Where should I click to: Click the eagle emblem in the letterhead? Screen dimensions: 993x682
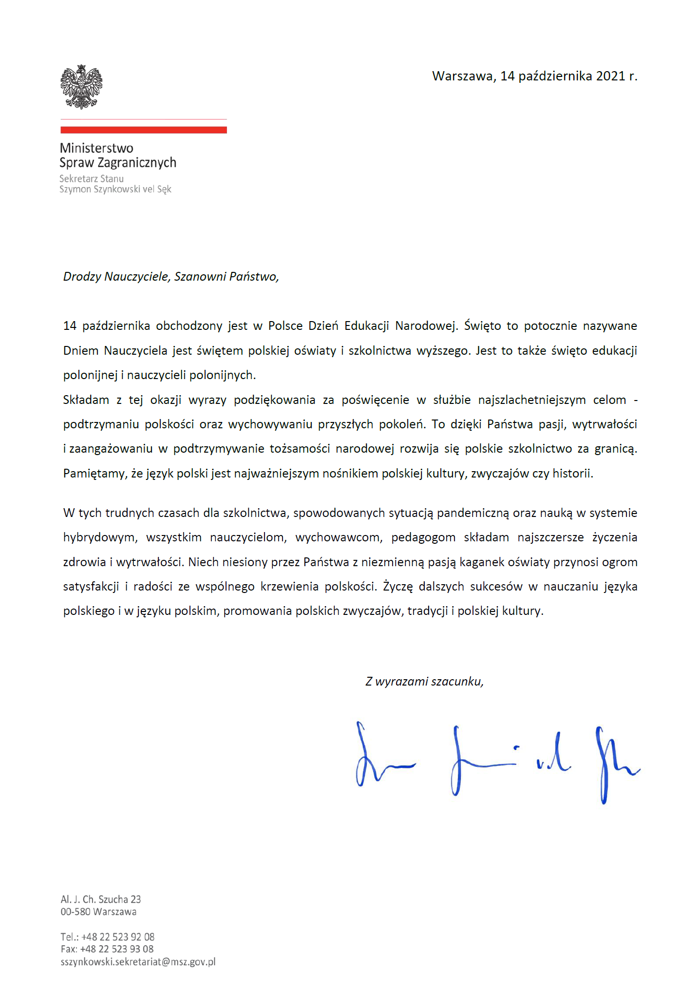[x=81, y=87]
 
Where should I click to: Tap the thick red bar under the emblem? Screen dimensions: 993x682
[x=144, y=130]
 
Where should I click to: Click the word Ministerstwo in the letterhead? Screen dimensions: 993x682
[x=96, y=148]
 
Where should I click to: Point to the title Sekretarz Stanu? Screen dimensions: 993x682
[x=92, y=179]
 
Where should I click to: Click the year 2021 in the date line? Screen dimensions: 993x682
[x=610, y=76]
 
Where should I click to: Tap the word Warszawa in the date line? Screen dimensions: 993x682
[x=464, y=76]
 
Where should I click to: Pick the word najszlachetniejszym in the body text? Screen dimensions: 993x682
[x=532, y=400]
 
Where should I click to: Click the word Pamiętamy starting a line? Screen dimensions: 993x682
[x=95, y=474]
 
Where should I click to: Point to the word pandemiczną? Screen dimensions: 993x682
[x=473, y=513]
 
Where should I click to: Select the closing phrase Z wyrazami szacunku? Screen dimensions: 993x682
[x=424, y=682]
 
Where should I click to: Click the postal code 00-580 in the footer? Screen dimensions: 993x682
[x=76, y=912]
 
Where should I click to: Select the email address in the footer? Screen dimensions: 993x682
[x=138, y=962]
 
